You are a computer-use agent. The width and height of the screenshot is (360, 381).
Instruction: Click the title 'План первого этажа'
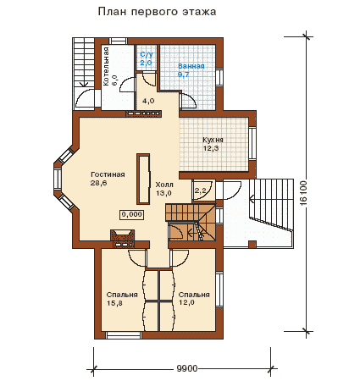(x=157, y=12)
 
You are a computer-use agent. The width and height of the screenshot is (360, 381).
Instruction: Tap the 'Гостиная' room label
(x=108, y=174)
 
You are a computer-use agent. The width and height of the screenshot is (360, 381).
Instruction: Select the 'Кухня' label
(x=213, y=140)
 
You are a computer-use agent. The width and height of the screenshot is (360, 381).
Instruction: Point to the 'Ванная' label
(x=191, y=66)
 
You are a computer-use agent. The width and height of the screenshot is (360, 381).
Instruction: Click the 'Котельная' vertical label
(x=106, y=66)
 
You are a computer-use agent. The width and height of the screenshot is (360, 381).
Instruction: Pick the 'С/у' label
(x=147, y=54)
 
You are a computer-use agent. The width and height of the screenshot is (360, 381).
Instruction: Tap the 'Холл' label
(x=164, y=185)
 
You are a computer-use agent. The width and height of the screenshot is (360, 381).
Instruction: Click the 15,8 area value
(x=115, y=303)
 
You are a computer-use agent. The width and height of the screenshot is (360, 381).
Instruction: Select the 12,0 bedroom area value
(x=186, y=303)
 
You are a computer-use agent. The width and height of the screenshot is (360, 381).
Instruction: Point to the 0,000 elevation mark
(x=132, y=214)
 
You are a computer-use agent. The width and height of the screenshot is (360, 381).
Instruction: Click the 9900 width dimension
(x=187, y=369)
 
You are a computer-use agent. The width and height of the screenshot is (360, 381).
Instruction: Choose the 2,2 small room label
(x=200, y=191)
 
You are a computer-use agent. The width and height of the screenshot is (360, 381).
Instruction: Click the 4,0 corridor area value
(x=148, y=101)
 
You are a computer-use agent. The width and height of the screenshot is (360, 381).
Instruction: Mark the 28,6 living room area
(x=98, y=183)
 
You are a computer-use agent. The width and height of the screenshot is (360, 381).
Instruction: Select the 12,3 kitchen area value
(x=211, y=148)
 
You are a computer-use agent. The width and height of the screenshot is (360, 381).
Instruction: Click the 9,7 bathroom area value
(x=184, y=75)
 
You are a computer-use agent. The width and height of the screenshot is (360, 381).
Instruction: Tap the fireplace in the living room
(x=122, y=238)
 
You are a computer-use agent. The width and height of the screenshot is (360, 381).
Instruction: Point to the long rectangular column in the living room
(x=143, y=179)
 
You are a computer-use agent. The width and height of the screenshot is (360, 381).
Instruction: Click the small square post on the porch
(x=252, y=244)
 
